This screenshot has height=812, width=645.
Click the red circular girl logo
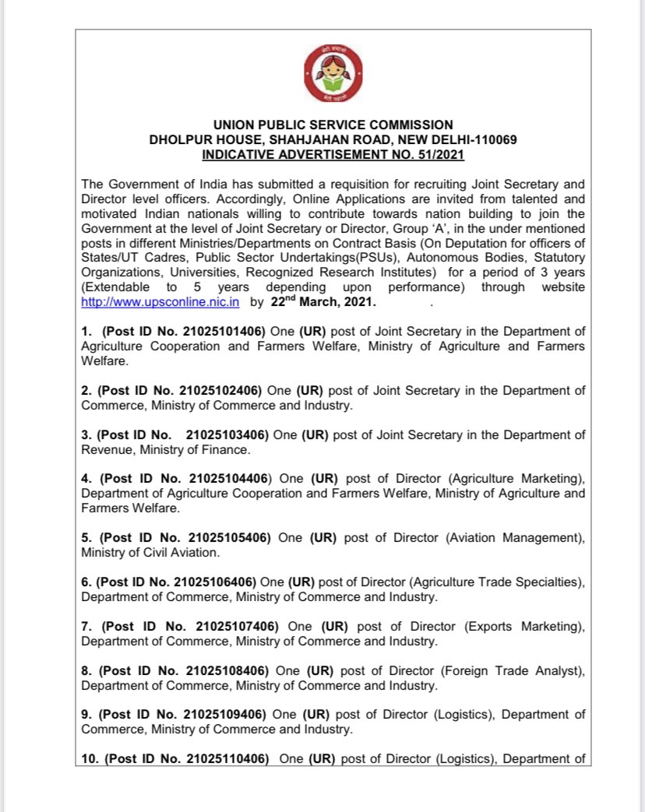tap(333, 75)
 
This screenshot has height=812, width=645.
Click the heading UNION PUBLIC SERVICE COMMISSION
tap(333, 125)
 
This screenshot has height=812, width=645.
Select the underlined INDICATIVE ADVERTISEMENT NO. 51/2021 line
tap(333, 155)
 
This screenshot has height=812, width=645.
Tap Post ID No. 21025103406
tap(185, 434)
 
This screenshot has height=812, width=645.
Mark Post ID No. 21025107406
tap(192, 627)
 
